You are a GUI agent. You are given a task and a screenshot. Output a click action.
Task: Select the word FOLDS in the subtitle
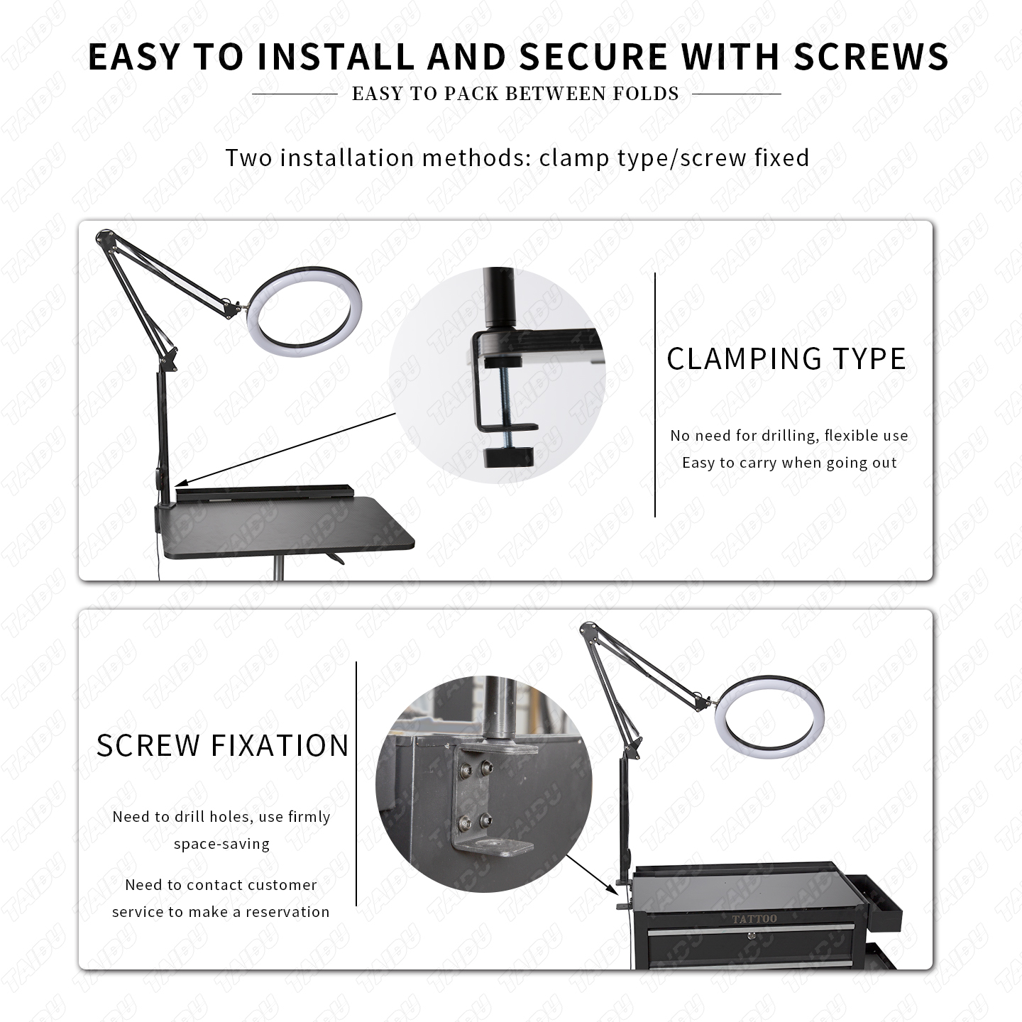647,94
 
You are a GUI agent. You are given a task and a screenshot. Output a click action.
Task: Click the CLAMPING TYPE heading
786,359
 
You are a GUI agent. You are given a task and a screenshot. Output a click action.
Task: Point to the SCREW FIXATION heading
222,746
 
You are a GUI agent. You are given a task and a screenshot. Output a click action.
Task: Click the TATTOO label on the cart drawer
754,919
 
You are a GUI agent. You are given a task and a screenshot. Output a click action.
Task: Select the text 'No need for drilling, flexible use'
789,436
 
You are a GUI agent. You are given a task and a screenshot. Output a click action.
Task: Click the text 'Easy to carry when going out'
789,463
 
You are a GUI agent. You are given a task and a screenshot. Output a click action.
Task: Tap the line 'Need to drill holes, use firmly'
221,817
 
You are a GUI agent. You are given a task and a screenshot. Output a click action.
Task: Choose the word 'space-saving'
221,844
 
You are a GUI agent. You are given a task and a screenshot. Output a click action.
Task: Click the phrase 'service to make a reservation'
221,912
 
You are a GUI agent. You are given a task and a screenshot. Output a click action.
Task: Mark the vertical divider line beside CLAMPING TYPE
655,395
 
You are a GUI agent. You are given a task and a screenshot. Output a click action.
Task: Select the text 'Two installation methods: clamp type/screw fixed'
517,158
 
